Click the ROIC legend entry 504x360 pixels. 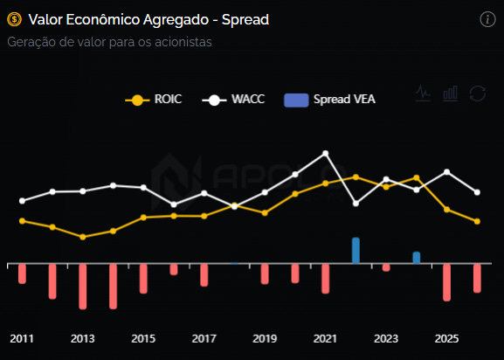tap(154, 100)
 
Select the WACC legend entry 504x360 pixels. tap(233, 100)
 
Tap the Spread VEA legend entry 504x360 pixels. tap(330, 100)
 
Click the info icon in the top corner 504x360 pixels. tap(487, 19)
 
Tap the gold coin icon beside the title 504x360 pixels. tap(15, 19)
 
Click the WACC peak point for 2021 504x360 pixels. tap(325, 153)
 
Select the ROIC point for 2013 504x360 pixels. tap(83, 237)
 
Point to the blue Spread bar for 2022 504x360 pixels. tap(356, 251)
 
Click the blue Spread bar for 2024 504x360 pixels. tap(417, 258)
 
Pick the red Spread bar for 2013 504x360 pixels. tap(83, 287)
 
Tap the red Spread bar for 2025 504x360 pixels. tap(446, 282)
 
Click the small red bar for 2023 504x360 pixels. tap(386, 267)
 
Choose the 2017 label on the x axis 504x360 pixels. tap(204, 338)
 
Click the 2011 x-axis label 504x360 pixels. tap(22, 338)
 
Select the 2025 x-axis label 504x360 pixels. tap(446, 338)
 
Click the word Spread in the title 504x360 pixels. tap(245, 20)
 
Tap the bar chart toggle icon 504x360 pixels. tap(451, 93)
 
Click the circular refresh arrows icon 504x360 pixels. tap(478, 93)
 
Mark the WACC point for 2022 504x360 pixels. tap(356, 204)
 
